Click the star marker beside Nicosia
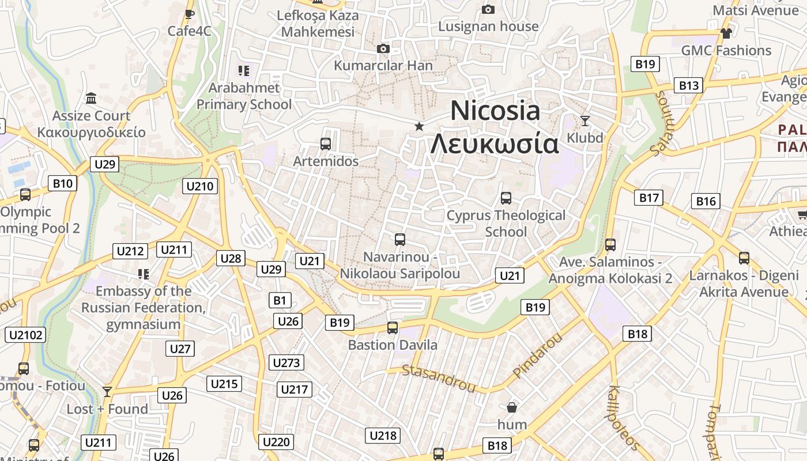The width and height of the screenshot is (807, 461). click(419, 126)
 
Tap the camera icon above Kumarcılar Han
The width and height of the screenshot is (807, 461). click(383, 49)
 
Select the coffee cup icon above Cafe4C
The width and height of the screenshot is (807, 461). click(189, 14)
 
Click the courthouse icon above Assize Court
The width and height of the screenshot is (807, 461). click(91, 99)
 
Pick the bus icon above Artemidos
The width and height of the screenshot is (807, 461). click(326, 144)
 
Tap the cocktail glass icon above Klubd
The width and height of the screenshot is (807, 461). click(585, 120)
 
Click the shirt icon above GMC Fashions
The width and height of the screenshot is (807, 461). click(726, 33)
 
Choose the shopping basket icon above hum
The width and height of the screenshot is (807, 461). click(511, 407)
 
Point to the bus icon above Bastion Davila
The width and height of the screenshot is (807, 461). click(393, 328)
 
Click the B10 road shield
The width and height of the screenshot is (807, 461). click(62, 184)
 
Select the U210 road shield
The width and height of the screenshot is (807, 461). click(201, 186)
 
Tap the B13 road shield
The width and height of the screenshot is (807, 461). click(688, 86)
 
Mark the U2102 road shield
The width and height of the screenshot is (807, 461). click(25, 335)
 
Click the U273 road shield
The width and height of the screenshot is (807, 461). click(286, 362)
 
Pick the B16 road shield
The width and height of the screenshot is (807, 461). click(706, 201)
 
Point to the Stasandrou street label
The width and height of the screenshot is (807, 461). click(438, 378)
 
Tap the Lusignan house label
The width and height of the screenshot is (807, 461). click(488, 27)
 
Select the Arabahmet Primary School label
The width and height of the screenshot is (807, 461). click(244, 96)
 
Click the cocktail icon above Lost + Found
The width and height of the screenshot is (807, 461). click(107, 392)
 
